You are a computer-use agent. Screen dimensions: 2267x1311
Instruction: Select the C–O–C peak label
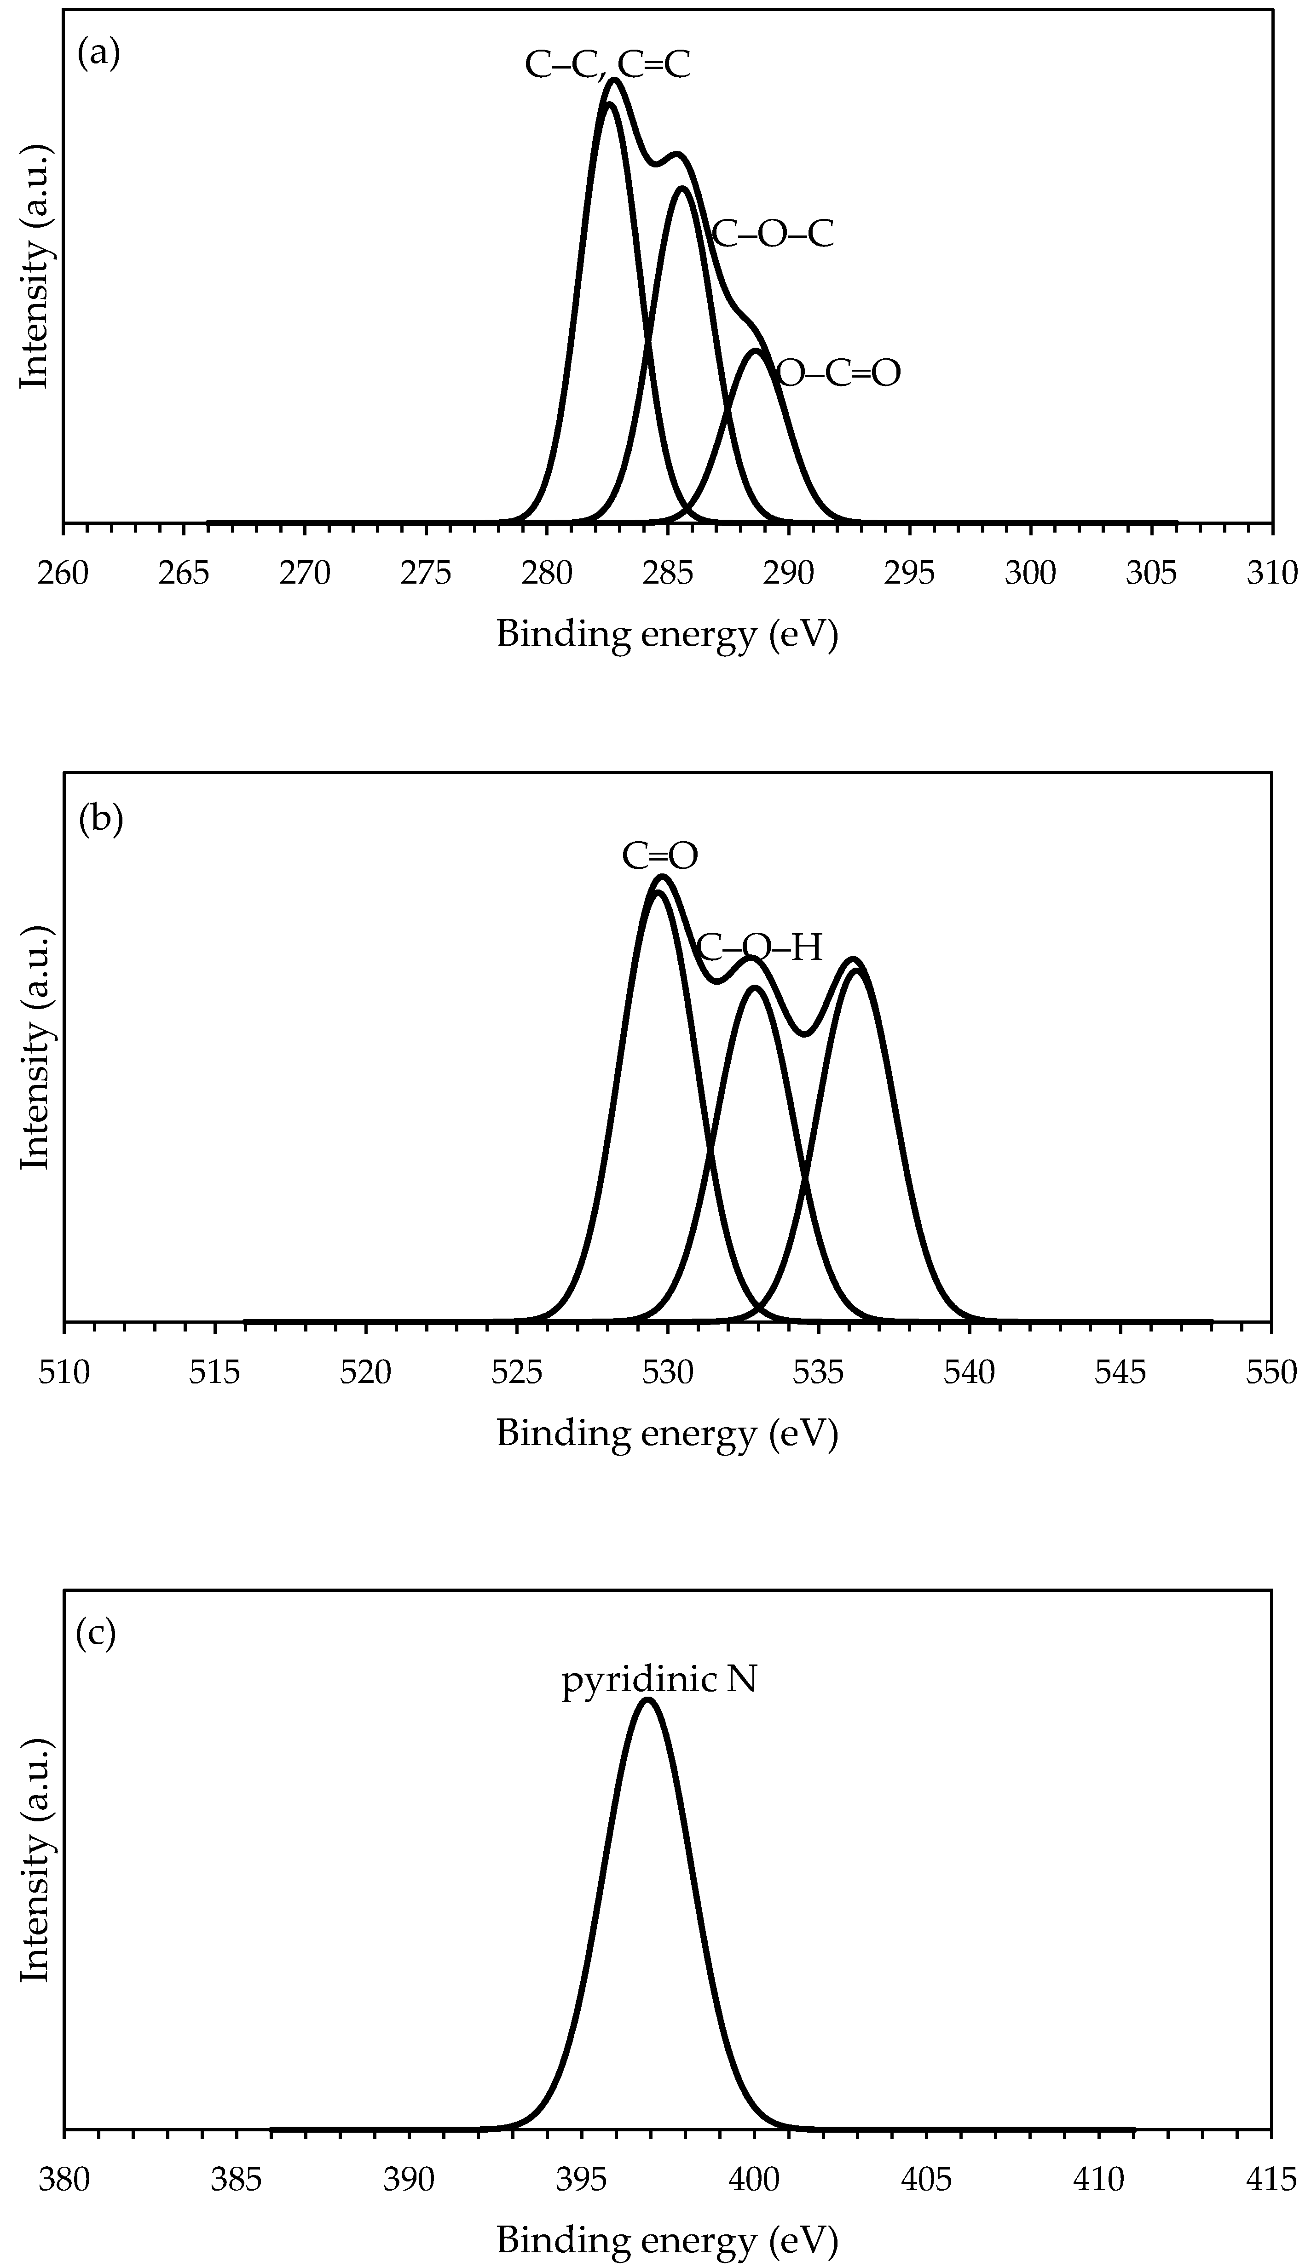[x=772, y=234]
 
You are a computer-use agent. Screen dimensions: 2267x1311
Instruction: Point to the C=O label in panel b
[x=659, y=856]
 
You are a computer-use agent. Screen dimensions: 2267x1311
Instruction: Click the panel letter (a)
[x=98, y=55]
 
